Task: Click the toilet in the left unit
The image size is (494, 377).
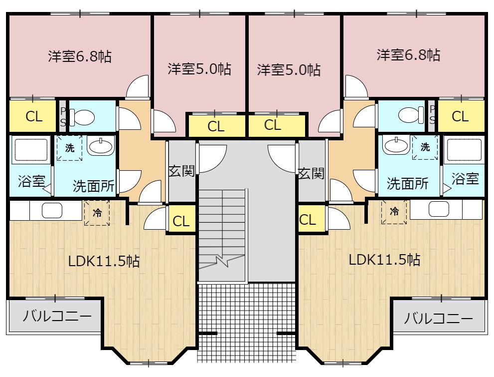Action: (83, 118)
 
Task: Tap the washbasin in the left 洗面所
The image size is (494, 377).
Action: (101, 146)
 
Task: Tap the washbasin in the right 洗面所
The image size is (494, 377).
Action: (395, 146)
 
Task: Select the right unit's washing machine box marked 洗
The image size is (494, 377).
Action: (425, 147)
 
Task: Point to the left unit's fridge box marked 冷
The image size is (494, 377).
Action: (97, 213)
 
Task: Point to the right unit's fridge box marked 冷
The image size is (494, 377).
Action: (394, 211)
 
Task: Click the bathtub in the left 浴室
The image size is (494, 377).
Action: (30, 149)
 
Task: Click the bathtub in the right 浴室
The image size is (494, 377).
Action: (464, 149)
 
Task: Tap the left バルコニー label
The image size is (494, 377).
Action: (57, 316)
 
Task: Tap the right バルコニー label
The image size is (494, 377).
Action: (438, 318)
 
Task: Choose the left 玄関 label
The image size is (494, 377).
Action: (181, 172)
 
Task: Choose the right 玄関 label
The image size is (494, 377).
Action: (311, 173)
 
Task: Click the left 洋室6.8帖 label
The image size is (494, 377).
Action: (79, 56)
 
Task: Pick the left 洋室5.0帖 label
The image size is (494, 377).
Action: (199, 69)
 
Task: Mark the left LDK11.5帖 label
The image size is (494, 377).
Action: (104, 261)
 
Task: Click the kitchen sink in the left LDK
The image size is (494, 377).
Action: (51, 210)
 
